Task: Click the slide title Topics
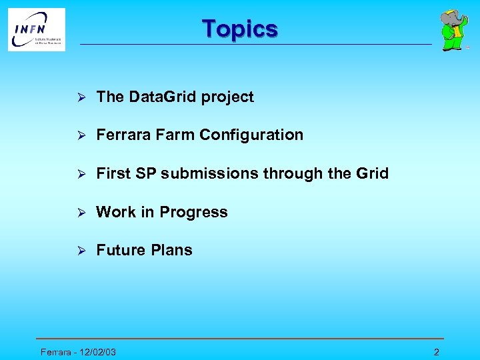(x=240, y=29)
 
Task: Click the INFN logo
(x=37, y=29)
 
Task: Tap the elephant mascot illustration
(x=453, y=30)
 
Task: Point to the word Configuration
(x=251, y=135)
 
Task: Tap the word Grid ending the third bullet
(x=372, y=173)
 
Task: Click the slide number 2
(x=436, y=352)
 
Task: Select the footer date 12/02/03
(x=97, y=352)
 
